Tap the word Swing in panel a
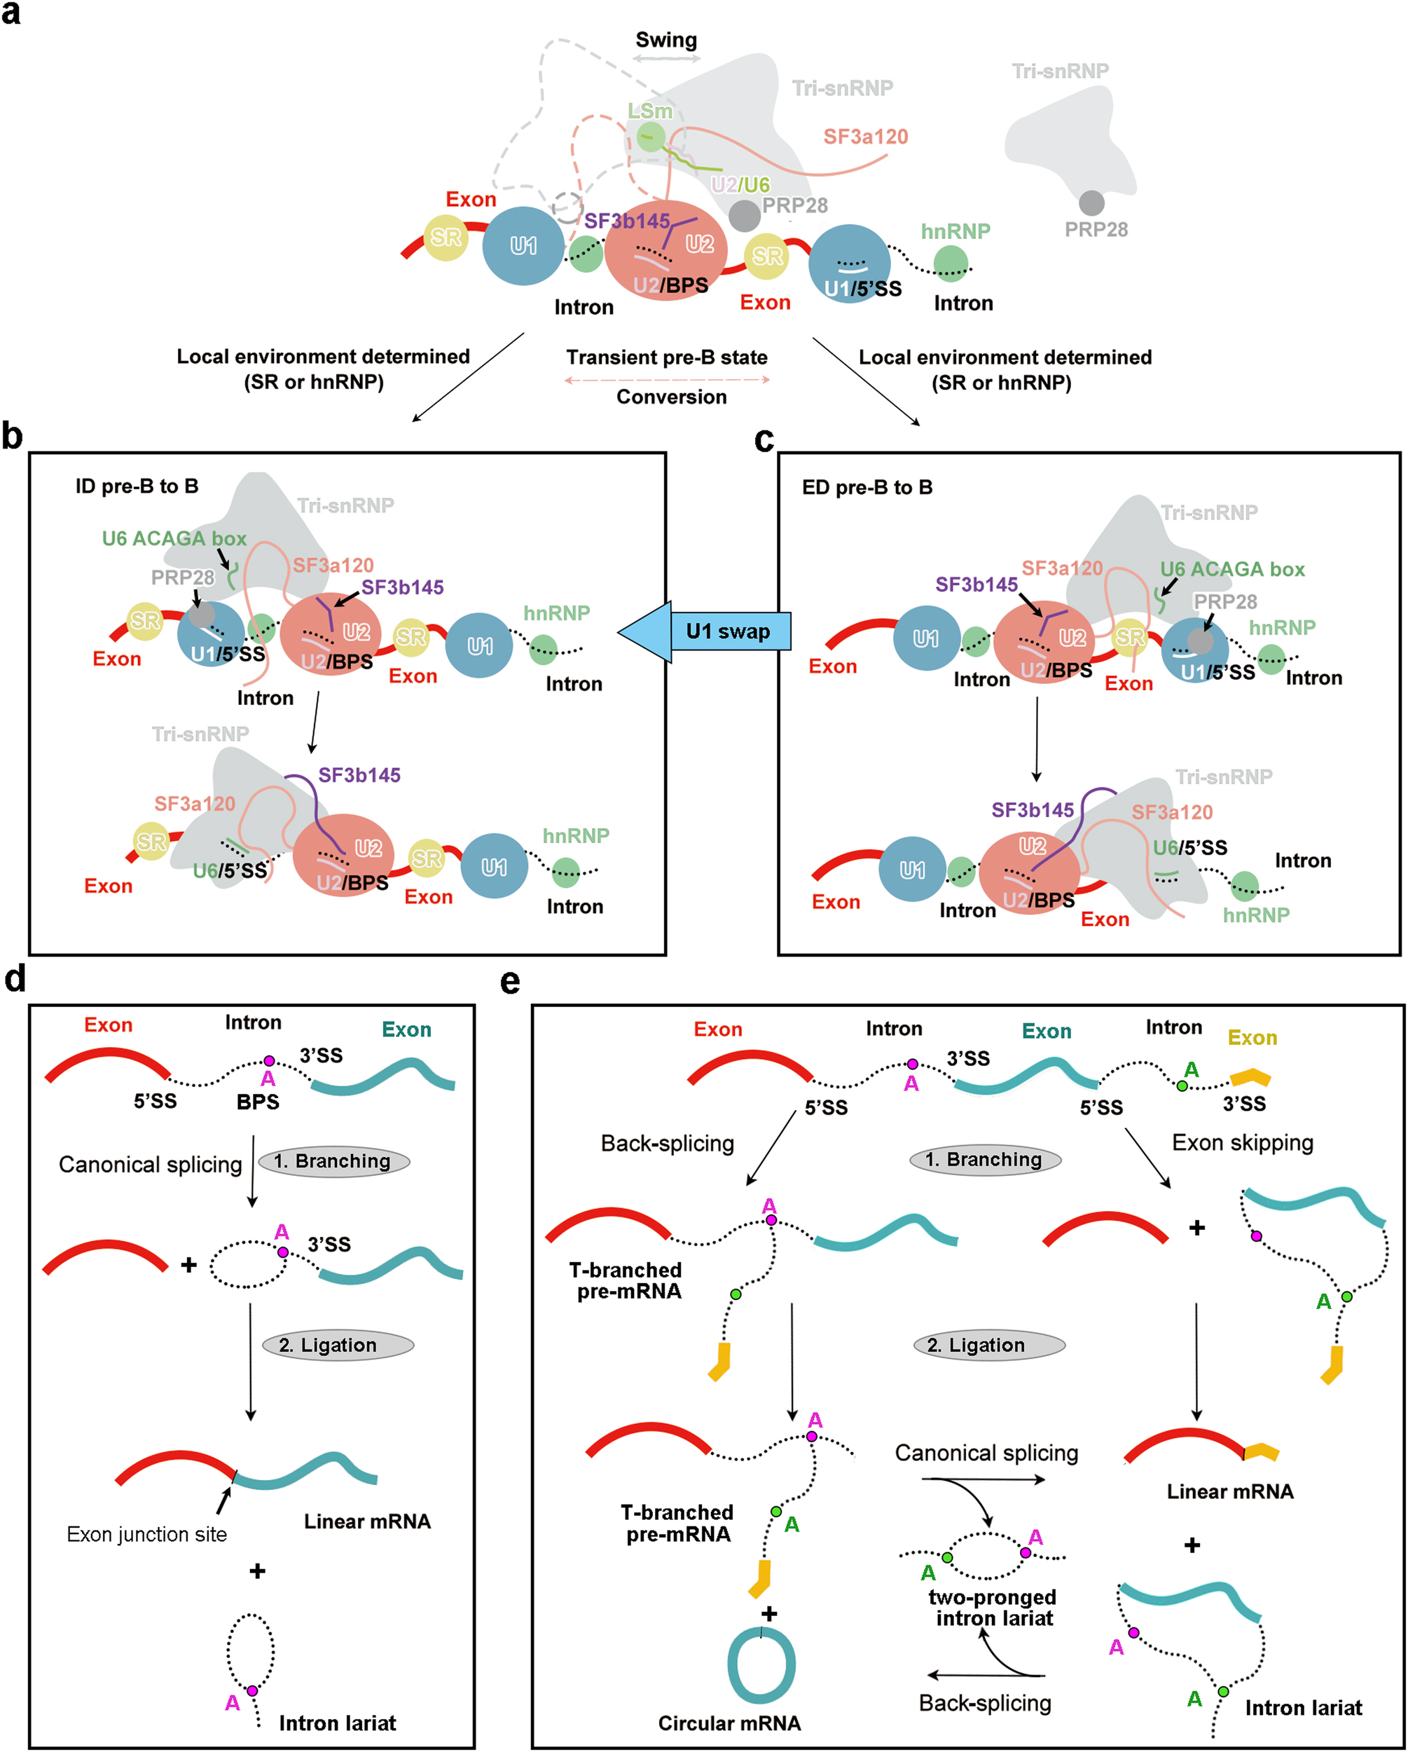(665, 40)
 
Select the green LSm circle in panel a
(650, 137)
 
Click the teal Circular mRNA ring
(761, 1665)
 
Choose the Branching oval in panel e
(984, 1160)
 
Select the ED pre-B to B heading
(867, 488)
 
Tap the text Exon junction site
(147, 1534)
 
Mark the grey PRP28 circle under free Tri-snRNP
(1091, 203)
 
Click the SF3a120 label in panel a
(865, 137)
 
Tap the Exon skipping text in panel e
(1242, 1142)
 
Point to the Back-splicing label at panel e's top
(667, 1143)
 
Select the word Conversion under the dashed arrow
(671, 397)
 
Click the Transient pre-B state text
(666, 357)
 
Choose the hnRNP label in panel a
(955, 231)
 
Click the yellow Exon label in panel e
(1252, 1038)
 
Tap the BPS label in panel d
(258, 1102)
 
